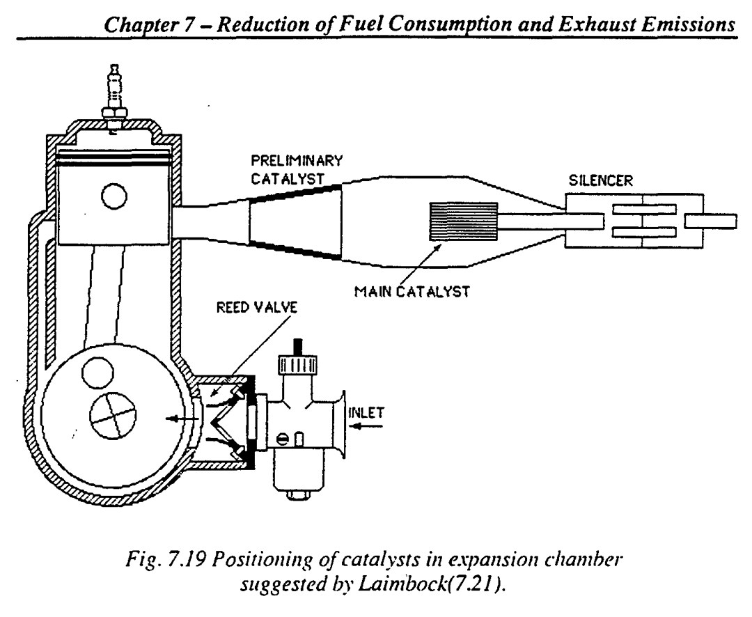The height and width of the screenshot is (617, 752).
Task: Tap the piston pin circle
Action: [114, 196]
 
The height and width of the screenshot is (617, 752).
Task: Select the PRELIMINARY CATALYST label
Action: [297, 169]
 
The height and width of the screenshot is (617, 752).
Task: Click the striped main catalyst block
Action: [463, 221]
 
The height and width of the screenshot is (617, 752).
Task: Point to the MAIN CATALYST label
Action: [412, 291]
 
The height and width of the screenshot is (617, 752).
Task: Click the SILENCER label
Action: [600, 180]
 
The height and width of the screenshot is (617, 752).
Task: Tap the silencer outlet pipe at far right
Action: [711, 221]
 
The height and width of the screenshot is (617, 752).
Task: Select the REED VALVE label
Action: [256, 307]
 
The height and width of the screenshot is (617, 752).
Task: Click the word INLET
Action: [366, 413]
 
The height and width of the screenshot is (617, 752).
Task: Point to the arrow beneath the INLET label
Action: [368, 426]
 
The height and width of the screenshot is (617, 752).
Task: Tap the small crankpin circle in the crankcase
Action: [98, 371]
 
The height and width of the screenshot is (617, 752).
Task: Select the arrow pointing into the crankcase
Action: [182, 419]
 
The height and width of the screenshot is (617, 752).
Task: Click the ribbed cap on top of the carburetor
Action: [297, 365]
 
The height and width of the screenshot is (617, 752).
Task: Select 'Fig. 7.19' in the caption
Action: [167, 559]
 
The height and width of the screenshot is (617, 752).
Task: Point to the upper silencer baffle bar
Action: [645, 210]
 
